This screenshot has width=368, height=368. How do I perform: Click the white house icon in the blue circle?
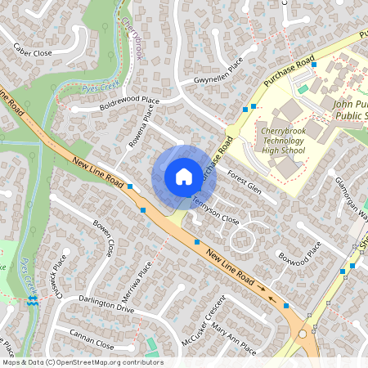183,176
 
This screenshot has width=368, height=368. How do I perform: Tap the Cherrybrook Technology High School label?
282,140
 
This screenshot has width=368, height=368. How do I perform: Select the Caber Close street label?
34,52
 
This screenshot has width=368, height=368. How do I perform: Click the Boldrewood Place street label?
127,104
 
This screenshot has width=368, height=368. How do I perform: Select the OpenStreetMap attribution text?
82,362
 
